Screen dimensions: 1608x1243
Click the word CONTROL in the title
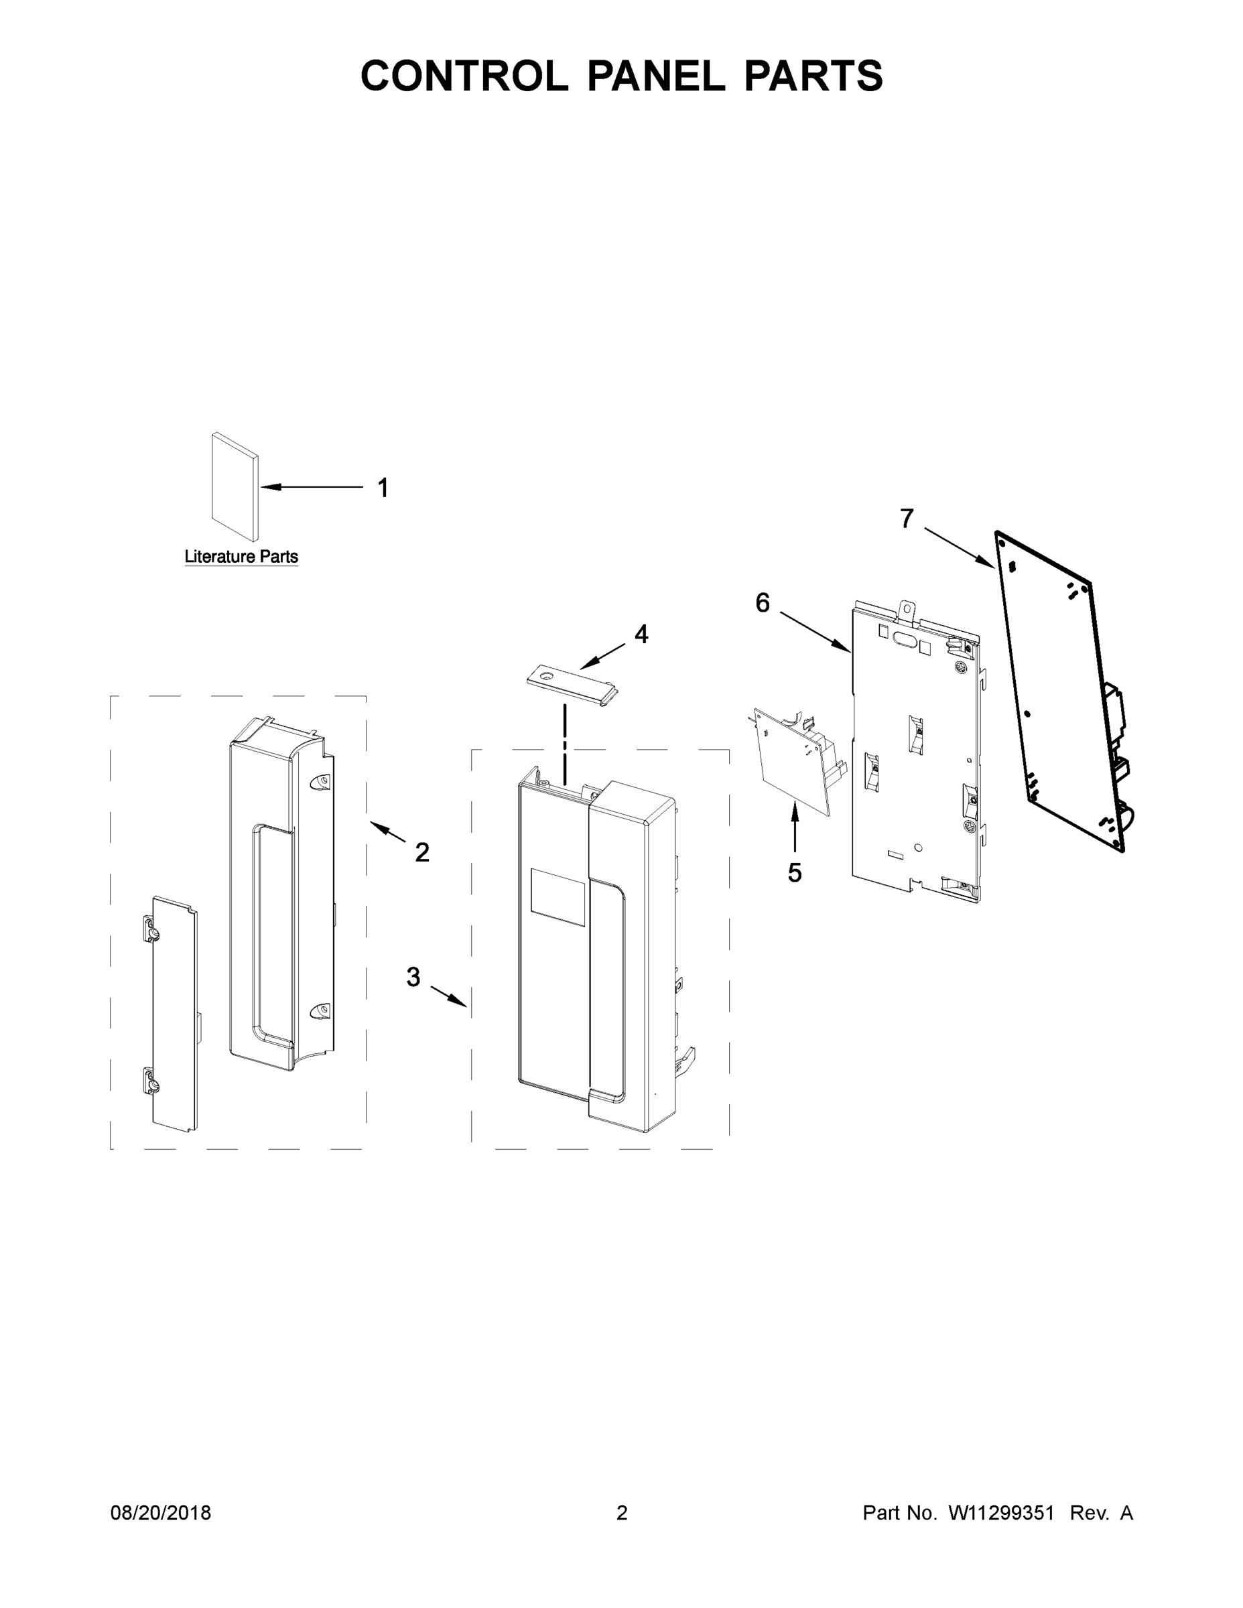point(464,76)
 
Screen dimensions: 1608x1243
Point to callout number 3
point(413,977)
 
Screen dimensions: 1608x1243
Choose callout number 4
point(641,634)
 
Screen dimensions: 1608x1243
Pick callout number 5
point(795,872)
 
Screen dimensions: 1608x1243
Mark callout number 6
point(762,603)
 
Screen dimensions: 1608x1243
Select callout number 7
point(907,519)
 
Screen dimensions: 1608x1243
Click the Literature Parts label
point(241,557)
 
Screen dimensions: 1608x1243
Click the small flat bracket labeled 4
point(572,683)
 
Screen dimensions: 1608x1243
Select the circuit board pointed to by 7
point(1060,692)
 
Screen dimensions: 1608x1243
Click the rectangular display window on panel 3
point(558,896)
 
